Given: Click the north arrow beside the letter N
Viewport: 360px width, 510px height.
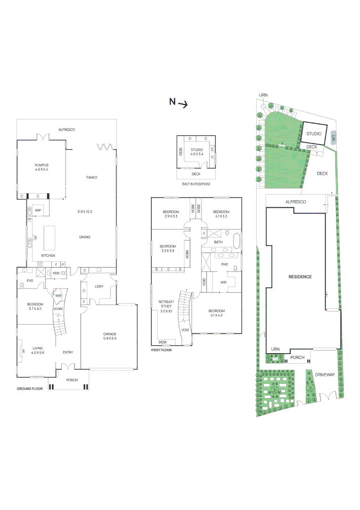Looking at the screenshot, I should [x=183, y=105].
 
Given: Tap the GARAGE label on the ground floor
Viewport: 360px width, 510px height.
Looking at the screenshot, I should [x=109, y=334].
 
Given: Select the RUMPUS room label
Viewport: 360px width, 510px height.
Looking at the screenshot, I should [x=41, y=164].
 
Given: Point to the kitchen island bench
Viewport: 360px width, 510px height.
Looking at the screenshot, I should [x=50, y=235].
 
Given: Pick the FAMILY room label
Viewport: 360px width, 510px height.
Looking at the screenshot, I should [x=92, y=178].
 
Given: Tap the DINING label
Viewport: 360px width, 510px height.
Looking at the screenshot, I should [x=84, y=237].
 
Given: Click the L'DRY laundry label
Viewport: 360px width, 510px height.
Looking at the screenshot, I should [x=99, y=287].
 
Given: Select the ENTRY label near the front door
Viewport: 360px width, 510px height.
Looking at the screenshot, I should [x=68, y=352].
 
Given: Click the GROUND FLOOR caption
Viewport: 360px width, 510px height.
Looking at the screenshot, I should [x=30, y=389].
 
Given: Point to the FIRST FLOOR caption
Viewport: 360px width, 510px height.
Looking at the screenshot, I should [x=162, y=350].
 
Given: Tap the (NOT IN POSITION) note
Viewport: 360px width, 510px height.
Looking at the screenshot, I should [x=196, y=184].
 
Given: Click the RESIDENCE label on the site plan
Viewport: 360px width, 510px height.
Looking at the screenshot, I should [x=300, y=277].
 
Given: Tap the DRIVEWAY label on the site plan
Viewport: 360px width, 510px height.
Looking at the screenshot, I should [x=325, y=374].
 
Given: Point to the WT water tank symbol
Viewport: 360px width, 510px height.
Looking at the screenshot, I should [x=333, y=137].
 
